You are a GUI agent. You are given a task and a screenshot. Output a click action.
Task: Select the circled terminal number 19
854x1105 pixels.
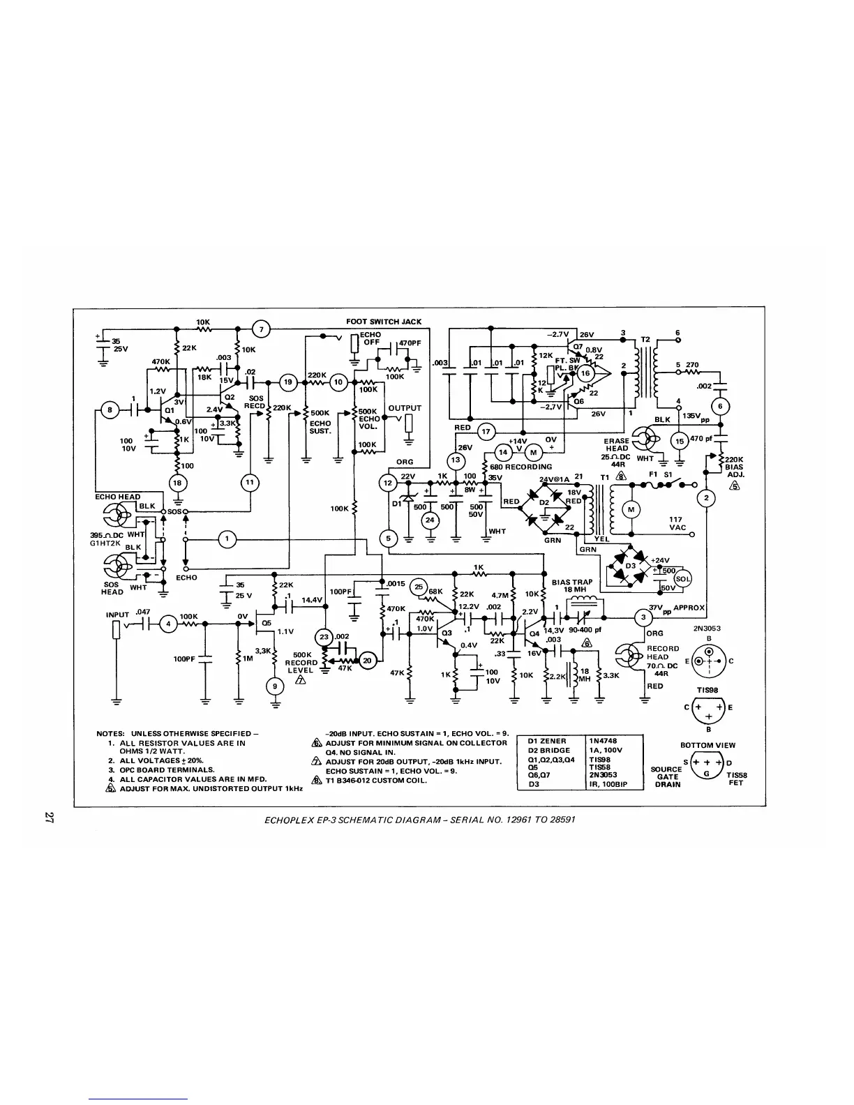[x=287, y=382]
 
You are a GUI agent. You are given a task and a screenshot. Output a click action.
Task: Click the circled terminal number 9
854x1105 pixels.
[x=276, y=686]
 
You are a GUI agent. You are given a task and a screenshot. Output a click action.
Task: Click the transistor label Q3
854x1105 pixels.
[x=447, y=633]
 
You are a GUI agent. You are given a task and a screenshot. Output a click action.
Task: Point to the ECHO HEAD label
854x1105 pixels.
[x=118, y=497]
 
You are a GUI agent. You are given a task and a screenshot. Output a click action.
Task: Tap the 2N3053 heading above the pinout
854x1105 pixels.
[x=707, y=628]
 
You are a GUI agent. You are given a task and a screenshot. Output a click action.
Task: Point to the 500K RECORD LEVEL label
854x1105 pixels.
[x=301, y=663]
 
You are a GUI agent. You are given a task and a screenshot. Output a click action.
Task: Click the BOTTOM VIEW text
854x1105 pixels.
[x=707, y=745]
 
